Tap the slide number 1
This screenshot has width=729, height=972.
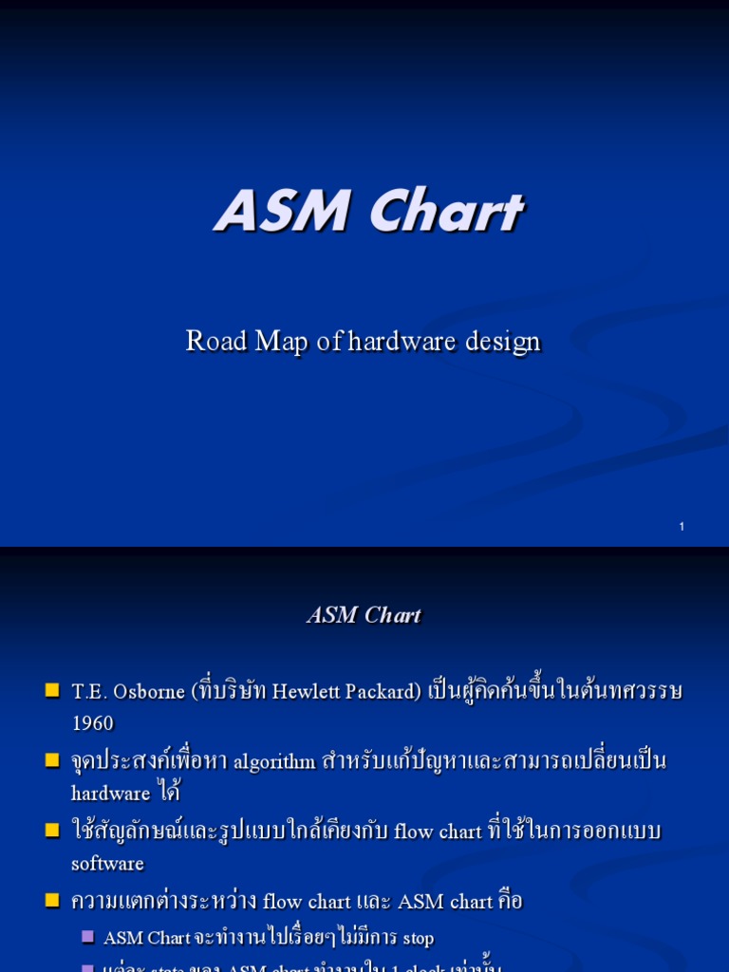[682, 527]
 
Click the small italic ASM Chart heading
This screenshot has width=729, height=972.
[364, 615]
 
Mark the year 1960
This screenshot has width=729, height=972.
[92, 723]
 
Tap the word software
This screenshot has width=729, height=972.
[107, 864]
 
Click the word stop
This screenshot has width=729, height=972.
[418, 939]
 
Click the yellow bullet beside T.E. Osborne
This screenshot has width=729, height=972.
[52, 690]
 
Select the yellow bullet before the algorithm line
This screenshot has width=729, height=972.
[52, 760]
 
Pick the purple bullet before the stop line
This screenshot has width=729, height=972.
[87, 937]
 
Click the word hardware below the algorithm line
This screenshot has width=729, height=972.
[111, 794]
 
